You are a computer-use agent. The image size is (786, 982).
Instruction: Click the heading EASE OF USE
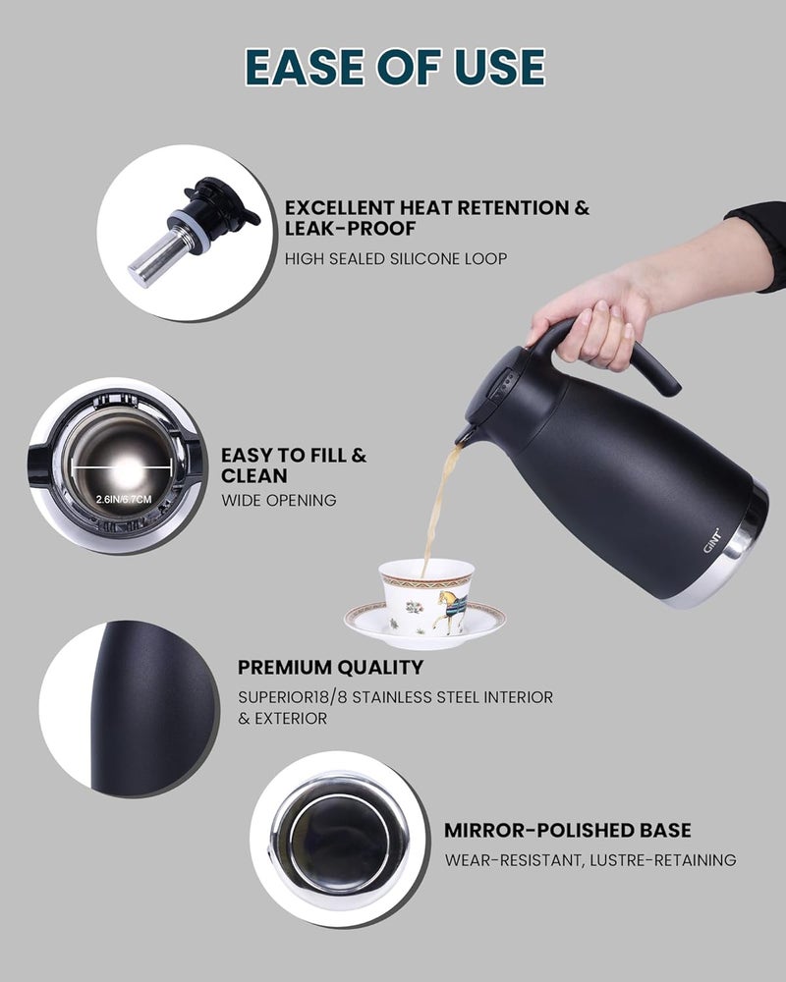click(x=395, y=67)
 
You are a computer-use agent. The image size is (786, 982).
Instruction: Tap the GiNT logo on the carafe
click(x=712, y=541)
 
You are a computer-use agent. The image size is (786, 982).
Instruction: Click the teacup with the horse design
click(x=426, y=597)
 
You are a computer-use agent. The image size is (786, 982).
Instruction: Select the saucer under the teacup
click(x=425, y=627)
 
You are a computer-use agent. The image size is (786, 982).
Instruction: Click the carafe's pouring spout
click(x=465, y=434)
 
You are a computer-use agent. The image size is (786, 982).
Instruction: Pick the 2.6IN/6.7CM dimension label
click(x=124, y=500)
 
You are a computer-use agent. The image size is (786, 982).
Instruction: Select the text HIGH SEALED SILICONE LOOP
click(x=396, y=258)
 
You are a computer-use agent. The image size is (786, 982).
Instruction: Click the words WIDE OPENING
click(x=278, y=501)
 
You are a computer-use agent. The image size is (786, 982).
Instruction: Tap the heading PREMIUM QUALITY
click(x=330, y=668)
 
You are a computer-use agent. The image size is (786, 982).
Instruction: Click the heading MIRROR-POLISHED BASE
click(x=567, y=831)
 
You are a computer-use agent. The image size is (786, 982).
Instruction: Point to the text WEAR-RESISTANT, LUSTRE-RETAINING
click(x=590, y=860)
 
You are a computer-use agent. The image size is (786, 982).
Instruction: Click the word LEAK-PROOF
click(x=351, y=229)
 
